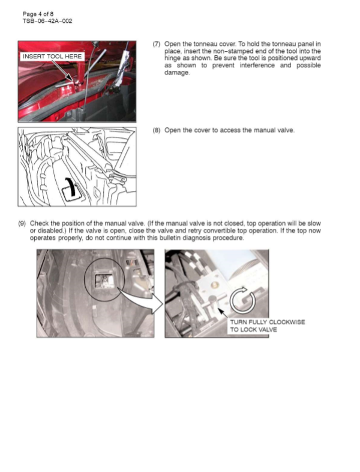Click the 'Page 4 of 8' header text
(x=37, y=13)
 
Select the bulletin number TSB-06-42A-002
(x=47, y=21)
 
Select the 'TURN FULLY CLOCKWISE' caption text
(x=267, y=322)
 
